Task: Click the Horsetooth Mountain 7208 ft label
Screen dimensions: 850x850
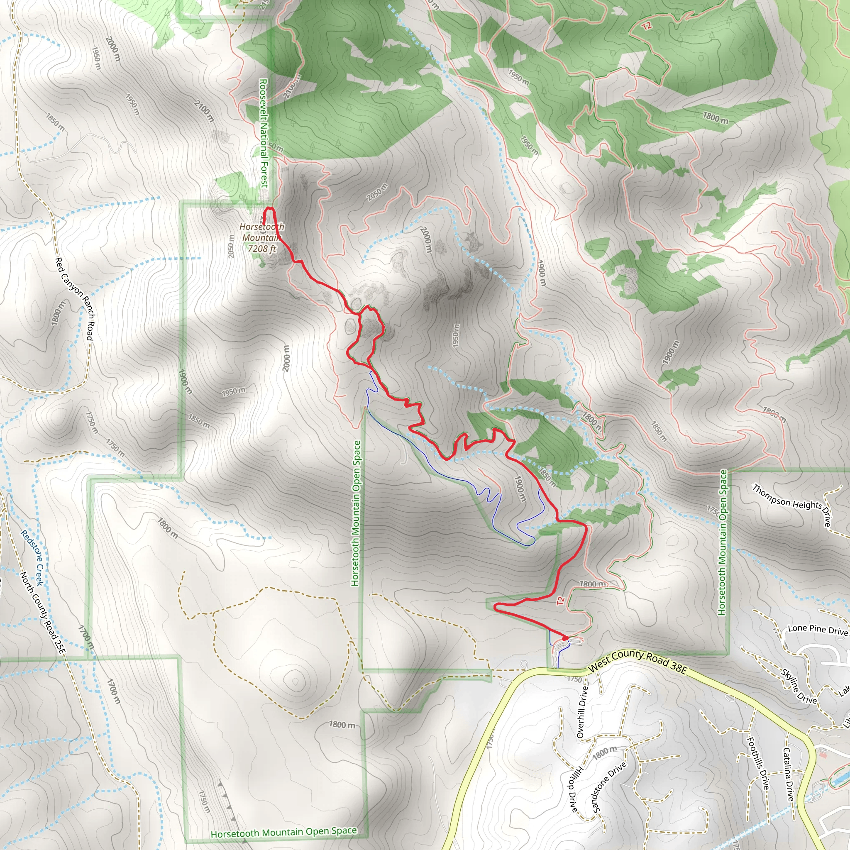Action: (262, 237)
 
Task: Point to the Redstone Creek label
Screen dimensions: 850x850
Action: (32, 558)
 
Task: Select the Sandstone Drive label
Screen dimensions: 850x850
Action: (609, 787)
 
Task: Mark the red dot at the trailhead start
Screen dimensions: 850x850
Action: (565, 638)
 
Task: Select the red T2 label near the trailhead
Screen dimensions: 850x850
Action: (560, 601)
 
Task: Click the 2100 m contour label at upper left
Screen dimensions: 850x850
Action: (204, 111)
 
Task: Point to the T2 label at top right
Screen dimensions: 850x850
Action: (646, 27)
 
